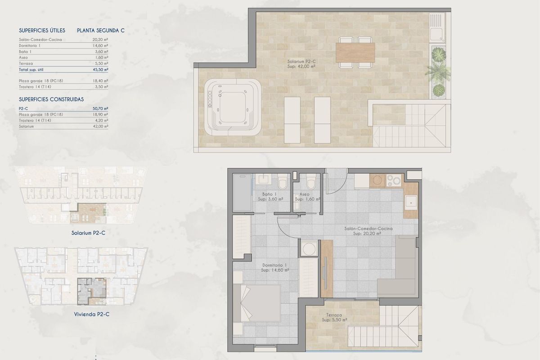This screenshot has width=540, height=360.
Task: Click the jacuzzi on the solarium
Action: tap(233, 107)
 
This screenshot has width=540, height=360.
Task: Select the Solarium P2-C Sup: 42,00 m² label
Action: tap(301, 63)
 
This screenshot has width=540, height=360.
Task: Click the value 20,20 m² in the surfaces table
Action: tap(100, 40)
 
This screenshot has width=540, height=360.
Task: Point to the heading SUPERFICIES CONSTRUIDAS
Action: tap(51, 99)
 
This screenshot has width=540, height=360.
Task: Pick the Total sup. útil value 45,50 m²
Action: tap(100, 70)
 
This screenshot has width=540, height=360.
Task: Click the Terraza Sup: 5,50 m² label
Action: tap(334, 318)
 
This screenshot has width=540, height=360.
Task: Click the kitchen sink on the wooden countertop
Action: tap(411, 202)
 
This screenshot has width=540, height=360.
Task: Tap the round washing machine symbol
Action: tap(308, 248)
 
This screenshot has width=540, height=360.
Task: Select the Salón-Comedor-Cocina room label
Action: tap(368, 231)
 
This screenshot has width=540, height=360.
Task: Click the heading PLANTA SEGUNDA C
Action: tap(100, 31)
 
